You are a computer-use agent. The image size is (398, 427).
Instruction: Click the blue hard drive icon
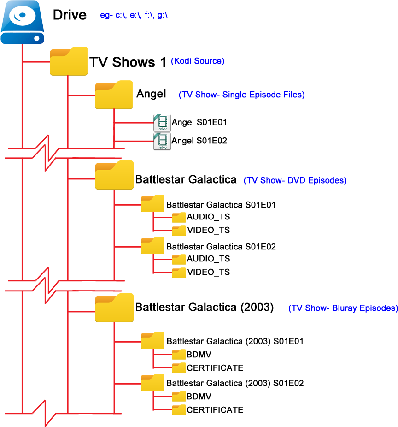(x=22, y=22)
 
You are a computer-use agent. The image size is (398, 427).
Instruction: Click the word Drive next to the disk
(x=70, y=15)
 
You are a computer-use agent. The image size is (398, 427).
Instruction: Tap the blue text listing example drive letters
(x=134, y=15)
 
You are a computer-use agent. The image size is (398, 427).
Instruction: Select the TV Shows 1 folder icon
(x=69, y=61)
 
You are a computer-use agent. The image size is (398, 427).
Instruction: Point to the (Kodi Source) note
(x=198, y=61)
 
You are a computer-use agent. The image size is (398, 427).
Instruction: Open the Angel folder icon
(x=114, y=95)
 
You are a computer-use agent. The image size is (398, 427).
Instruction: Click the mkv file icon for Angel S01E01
(x=162, y=123)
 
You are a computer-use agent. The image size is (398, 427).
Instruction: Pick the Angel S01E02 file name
(x=199, y=141)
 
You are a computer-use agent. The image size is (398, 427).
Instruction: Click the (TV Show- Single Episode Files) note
(x=241, y=95)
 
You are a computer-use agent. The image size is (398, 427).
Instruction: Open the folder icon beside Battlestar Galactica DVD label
(x=114, y=175)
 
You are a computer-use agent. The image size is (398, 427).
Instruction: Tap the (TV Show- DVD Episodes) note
(x=295, y=180)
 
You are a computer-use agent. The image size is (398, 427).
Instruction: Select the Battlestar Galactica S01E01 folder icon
(x=152, y=203)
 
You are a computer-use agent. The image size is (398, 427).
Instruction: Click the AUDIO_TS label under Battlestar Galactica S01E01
(x=208, y=217)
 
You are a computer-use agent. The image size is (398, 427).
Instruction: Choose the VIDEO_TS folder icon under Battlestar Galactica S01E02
(x=179, y=273)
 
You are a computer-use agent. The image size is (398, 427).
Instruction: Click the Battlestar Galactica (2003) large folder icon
(x=114, y=308)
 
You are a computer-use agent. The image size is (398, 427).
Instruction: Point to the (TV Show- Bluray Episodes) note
(x=343, y=308)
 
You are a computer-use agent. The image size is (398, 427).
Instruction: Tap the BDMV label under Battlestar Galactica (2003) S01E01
(x=199, y=355)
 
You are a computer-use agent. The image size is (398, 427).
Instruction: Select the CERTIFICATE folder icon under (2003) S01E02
(x=179, y=410)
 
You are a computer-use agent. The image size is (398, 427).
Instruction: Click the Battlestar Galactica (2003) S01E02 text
(x=235, y=383)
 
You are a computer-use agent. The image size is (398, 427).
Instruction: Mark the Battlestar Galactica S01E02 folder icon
(x=152, y=245)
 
